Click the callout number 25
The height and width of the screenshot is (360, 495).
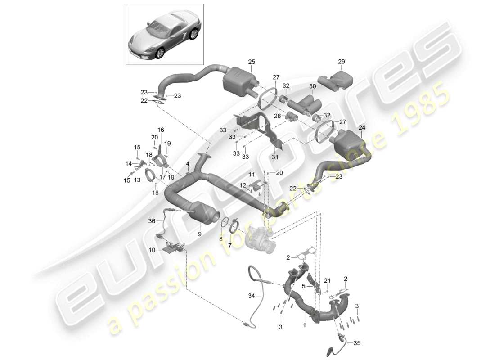[251, 62]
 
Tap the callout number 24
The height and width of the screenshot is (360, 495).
[362, 128]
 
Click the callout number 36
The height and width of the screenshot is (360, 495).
[151, 221]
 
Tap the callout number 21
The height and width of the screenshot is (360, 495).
[327, 281]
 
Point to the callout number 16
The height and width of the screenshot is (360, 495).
[161, 129]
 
